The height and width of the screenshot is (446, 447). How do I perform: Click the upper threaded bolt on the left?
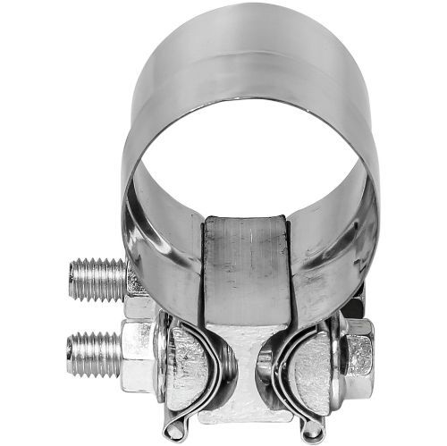tap(97, 278)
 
